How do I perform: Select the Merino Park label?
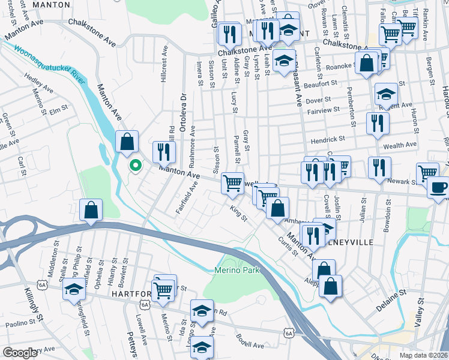pos(237,271)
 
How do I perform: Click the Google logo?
pos(20,353)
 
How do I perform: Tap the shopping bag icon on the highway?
pos(90,211)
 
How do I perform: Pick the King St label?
pos(239,213)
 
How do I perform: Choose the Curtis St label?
pos(288,245)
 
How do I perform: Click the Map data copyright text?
pos(424,355)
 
